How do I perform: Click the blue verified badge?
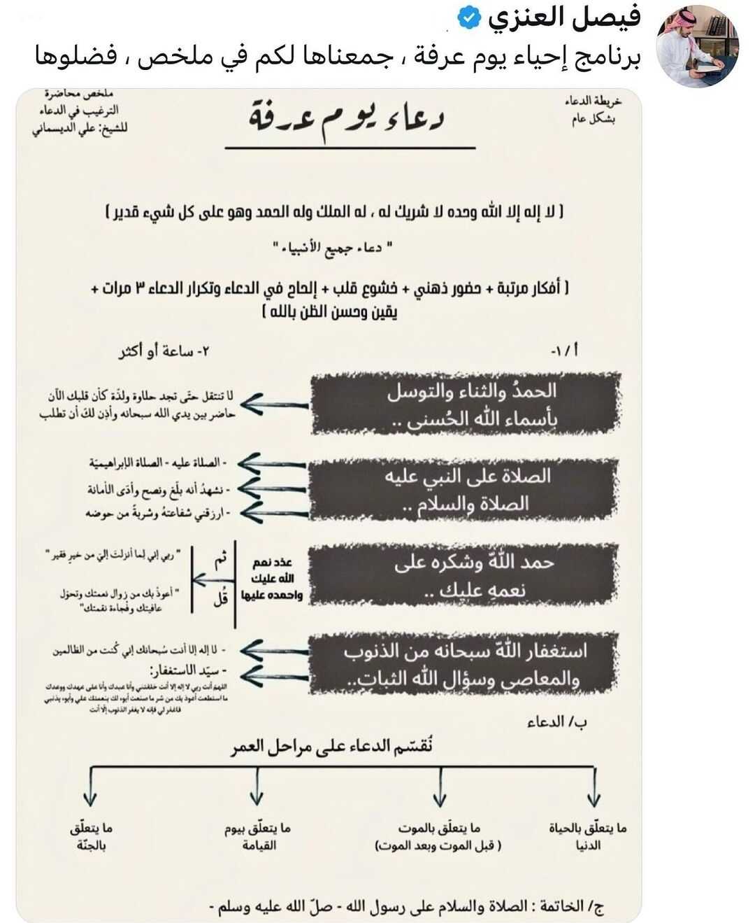[468, 18]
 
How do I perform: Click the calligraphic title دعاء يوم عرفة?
[347, 118]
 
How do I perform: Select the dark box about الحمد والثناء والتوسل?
[465, 404]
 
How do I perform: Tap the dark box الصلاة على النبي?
[465, 489]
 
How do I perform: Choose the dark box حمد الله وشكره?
[465, 575]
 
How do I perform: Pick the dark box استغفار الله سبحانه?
[465, 664]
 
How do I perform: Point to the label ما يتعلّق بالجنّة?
[91, 836]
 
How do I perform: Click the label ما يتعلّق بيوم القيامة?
[258, 836]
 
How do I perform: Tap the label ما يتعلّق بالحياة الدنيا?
[588, 836]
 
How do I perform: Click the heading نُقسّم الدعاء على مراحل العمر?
[332, 746]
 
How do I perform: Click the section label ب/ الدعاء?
[556, 721]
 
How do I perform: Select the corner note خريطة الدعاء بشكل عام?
[593, 110]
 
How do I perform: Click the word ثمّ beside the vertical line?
[220, 560]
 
